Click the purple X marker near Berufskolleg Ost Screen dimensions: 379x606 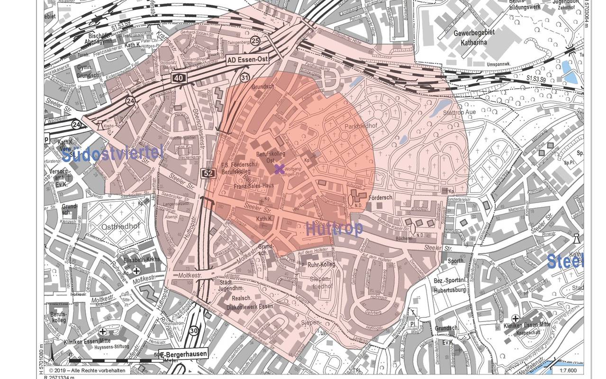pyautogui.click(x=280, y=169)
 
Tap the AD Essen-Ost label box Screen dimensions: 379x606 pyautogui.click(x=247, y=60)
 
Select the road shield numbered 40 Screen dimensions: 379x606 pyautogui.click(x=180, y=77)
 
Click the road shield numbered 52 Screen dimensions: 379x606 pyautogui.click(x=208, y=173)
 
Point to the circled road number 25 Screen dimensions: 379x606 pyautogui.click(x=255, y=41)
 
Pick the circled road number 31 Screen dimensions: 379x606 pyautogui.click(x=244, y=77)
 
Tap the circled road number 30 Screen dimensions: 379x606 pyautogui.click(x=193, y=331)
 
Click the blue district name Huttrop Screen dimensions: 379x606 pyautogui.click(x=335, y=229)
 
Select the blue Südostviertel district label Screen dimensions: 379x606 pyautogui.click(x=112, y=154)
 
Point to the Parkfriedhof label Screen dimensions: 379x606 pyautogui.click(x=361, y=127)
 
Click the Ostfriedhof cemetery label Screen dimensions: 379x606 pyautogui.click(x=120, y=227)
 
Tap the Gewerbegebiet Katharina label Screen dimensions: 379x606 pyautogui.click(x=474, y=37)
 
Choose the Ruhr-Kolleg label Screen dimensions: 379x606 pyautogui.click(x=321, y=264)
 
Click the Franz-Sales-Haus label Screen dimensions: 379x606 pyautogui.click(x=254, y=186)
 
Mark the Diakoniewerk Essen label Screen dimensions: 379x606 pyautogui.click(x=253, y=306)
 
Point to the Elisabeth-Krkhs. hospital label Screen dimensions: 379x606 pyautogui.click(x=142, y=259)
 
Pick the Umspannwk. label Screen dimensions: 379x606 pyautogui.click(x=498, y=64)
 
